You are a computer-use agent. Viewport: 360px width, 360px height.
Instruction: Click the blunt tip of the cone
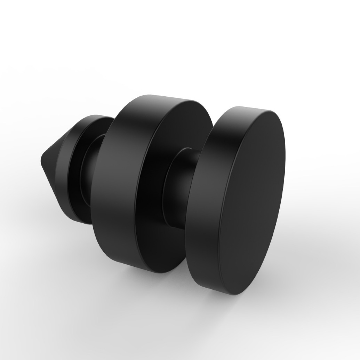click(x=44, y=161)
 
